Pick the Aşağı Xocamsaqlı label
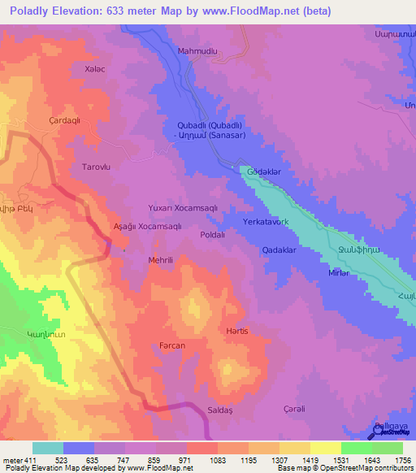[x=147, y=226]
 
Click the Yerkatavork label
[x=265, y=221]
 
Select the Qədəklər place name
[x=278, y=250]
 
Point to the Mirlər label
[x=338, y=273]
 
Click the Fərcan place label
[x=172, y=345]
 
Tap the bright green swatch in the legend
[x=357, y=448]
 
